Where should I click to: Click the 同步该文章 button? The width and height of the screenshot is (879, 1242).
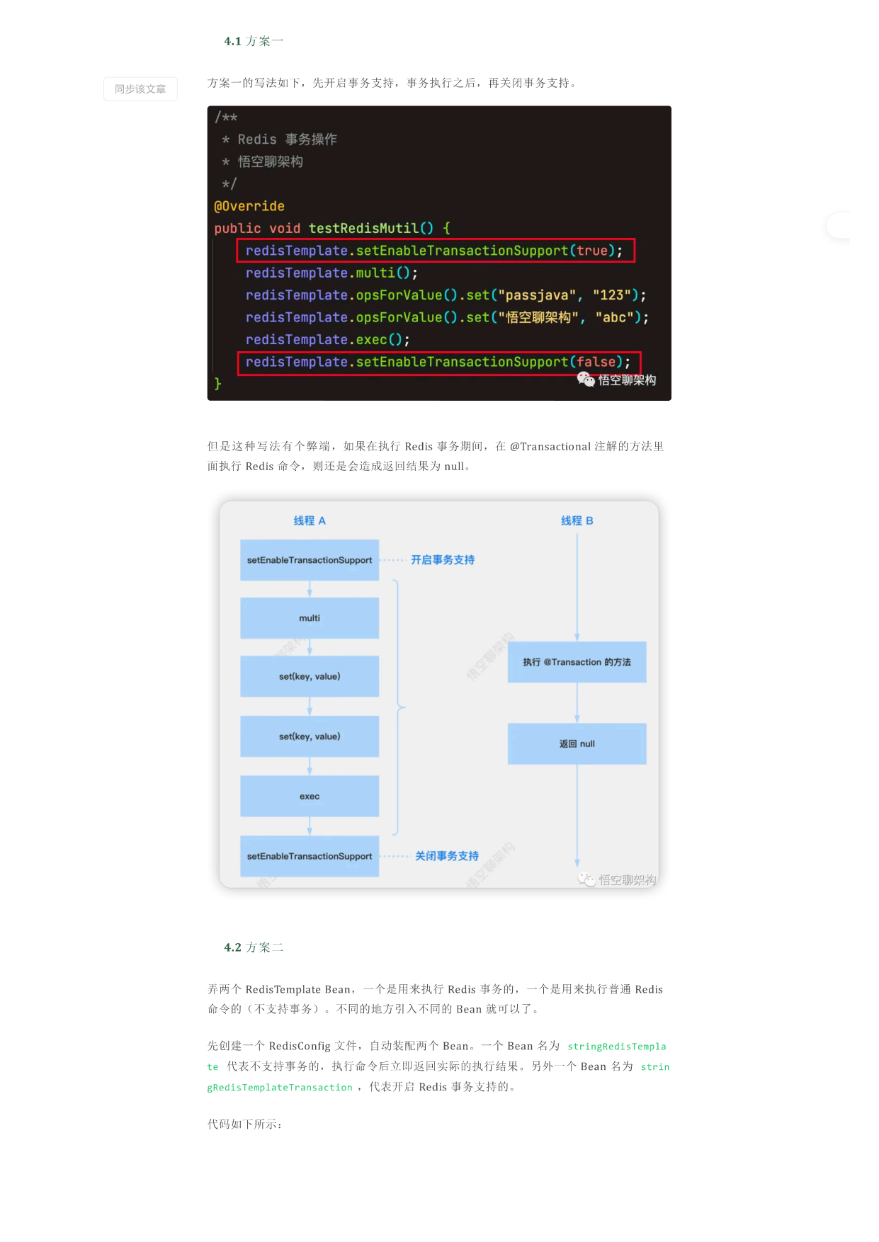140,89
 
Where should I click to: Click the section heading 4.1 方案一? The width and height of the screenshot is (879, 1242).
254,41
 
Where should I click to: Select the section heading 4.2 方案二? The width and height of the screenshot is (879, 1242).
254,947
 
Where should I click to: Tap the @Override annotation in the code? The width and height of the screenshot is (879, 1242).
249,206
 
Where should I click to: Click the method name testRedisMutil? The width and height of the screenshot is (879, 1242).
363,228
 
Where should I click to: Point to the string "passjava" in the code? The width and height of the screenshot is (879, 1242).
537,295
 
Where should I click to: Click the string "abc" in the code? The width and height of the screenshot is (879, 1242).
614,317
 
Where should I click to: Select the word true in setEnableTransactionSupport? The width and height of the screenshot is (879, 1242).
592,251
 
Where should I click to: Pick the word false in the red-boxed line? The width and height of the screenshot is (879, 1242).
596,362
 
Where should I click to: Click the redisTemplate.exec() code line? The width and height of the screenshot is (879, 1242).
328,340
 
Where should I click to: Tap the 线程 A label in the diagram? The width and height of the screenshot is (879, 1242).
310,520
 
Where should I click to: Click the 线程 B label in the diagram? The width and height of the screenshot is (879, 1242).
577,520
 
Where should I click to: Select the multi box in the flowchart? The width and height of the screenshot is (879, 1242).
310,618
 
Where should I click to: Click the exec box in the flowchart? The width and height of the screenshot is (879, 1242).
310,797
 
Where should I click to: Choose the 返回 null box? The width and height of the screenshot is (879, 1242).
577,744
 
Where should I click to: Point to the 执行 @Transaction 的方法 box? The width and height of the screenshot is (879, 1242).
577,662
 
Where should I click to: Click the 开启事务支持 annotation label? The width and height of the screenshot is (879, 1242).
443,560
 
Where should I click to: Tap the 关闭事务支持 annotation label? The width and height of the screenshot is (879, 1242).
447,856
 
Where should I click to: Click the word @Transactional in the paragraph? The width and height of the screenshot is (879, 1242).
550,446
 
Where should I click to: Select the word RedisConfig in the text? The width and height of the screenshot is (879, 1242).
300,1046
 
